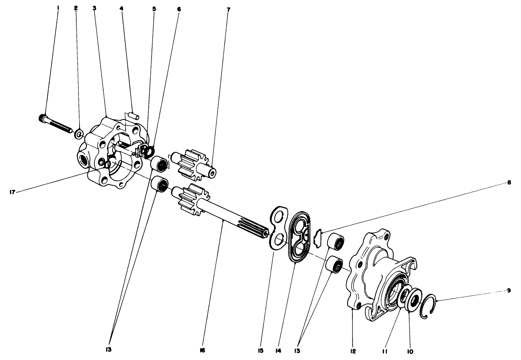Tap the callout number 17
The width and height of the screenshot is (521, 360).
pos(11,192)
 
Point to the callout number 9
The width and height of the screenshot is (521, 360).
pos(509,290)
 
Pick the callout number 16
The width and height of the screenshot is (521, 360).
pos(202,350)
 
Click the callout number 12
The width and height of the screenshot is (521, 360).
pos(352,350)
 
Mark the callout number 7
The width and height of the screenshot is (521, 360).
pos(228,10)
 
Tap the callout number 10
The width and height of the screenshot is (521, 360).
pos(411,351)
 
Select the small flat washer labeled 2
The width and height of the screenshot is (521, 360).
pos(79,134)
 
